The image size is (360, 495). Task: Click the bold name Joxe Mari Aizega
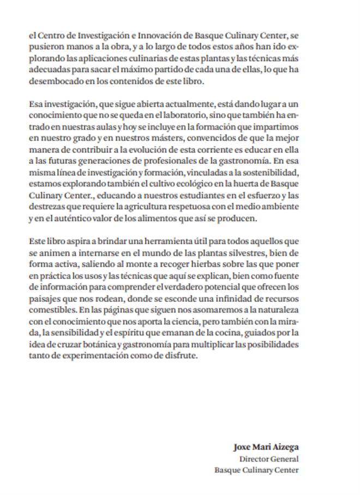tap(266, 448)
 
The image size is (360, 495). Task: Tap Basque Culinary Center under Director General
tap(256, 470)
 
